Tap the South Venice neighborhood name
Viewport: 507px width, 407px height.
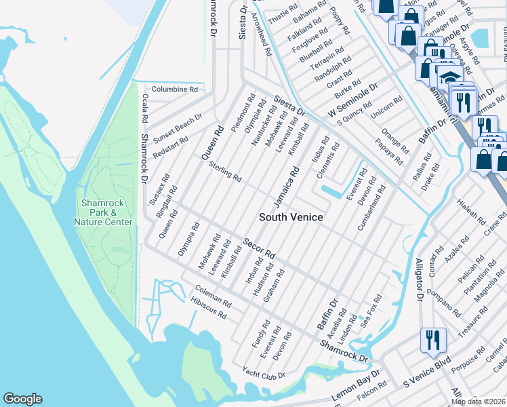(291, 217)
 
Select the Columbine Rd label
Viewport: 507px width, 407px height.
(174, 89)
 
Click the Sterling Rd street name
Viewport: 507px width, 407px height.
(225, 172)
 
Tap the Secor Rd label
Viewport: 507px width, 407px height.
(259, 249)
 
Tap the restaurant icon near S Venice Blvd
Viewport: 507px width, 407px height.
(432, 340)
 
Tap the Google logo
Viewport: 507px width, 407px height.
(22, 399)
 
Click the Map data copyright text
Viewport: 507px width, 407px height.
(479, 402)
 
